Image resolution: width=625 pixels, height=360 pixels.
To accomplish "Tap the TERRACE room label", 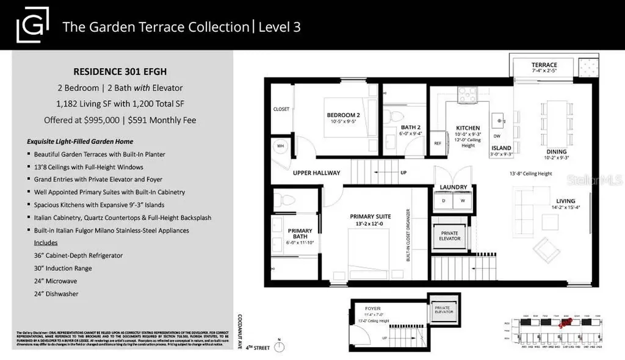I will (543, 65).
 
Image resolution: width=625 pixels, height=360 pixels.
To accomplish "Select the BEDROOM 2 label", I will (343, 115).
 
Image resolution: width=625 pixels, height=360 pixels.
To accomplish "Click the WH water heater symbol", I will (280, 146).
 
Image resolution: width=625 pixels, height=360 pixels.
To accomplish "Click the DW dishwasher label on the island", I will (497, 136).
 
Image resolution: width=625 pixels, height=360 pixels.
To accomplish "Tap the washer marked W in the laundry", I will (461, 200).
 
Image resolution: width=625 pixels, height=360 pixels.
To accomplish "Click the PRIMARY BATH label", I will (300, 234).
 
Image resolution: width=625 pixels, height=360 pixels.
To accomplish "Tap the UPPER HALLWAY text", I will (316, 173).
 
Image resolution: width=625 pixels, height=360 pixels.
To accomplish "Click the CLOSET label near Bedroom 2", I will (281, 109).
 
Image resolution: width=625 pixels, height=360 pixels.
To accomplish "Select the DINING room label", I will (557, 151).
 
